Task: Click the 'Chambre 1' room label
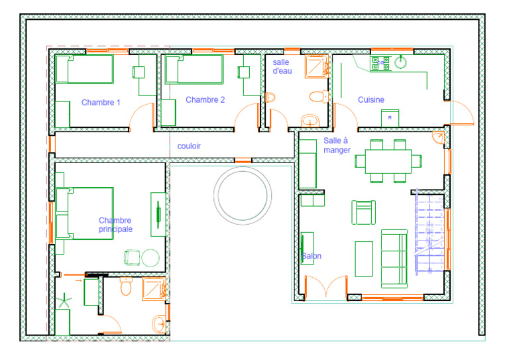101,103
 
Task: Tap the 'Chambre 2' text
205,99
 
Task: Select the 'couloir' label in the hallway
189,146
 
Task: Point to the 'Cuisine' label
371,99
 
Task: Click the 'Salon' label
311,256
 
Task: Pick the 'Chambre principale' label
115,225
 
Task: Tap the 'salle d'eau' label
282,66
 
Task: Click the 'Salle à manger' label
337,145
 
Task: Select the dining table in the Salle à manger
388,161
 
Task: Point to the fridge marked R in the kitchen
390,118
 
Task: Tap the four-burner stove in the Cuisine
381,63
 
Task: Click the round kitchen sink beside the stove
401,62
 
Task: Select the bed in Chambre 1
85,69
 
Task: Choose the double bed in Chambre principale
85,213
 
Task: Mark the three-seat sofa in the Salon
394,259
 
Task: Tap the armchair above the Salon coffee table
364,212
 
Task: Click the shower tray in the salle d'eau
317,66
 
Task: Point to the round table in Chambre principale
150,258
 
